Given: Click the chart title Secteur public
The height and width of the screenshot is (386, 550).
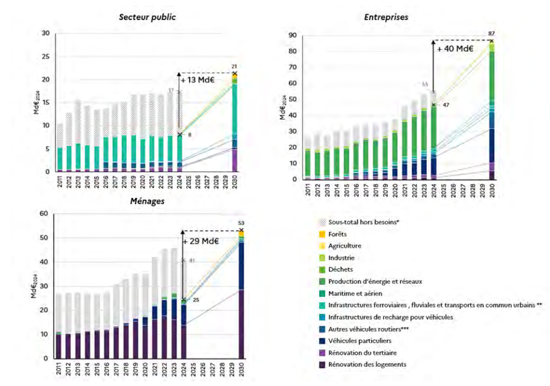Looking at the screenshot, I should tap(148, 17).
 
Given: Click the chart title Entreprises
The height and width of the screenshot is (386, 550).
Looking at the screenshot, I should tap(386, 17).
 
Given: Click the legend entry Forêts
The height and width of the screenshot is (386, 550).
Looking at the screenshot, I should tap(337, 234).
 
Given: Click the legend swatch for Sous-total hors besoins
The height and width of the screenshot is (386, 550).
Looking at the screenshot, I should tap(322, 222).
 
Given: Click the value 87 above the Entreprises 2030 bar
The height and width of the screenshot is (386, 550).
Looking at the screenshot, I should tap(492, 33).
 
